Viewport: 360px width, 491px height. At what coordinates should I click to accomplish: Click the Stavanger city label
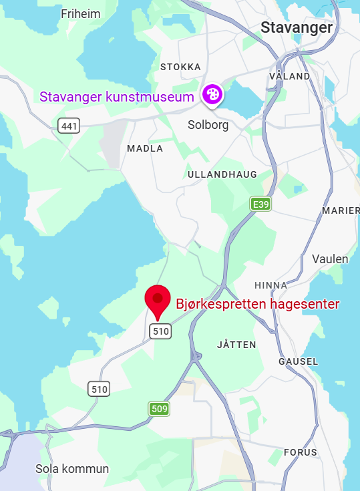click(x=297, y=28)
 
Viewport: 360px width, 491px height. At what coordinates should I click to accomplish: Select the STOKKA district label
click(x=180, y=67)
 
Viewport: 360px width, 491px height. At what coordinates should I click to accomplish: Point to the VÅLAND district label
click(x=289, y=76)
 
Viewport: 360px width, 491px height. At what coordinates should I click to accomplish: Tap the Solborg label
click(x=208, y=124)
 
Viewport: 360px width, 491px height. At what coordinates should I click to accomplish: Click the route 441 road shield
click(x=68, y=125)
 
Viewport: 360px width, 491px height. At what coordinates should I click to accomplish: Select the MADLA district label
click(x=144, y=148)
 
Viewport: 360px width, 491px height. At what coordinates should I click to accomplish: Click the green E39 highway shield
click(x=260, y=204)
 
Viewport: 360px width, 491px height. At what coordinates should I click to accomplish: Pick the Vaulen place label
click(x=330, y=259)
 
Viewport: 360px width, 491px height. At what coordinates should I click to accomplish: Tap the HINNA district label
click(x=271, y=285)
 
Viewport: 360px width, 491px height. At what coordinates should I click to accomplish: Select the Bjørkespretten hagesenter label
click(x=258, y=305)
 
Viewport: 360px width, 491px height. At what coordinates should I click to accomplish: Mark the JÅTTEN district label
click(x=236, y=345)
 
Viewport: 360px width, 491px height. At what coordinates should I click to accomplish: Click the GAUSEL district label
click(x=298, y=361)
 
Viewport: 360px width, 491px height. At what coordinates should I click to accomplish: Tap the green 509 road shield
click(x=159, y=408)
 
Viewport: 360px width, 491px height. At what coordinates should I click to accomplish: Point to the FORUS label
click(x=301, y=452)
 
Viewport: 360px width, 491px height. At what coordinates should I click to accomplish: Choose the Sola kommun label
click(x=72, y=469)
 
